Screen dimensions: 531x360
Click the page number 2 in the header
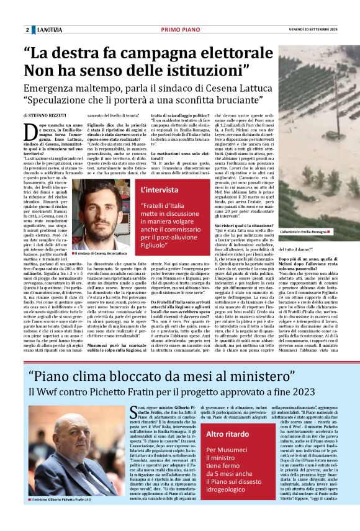pyautogui.click(x=27, y=30)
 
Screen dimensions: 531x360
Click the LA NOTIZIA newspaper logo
pyautogui.click(x=49, y=30)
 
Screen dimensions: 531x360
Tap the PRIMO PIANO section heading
pyautogui.click(x=179, y=30)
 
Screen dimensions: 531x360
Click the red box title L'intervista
pyautogui.click(x=162, y=189)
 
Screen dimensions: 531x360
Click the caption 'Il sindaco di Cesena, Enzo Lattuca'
pyautogui.click(x=103, y=254)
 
